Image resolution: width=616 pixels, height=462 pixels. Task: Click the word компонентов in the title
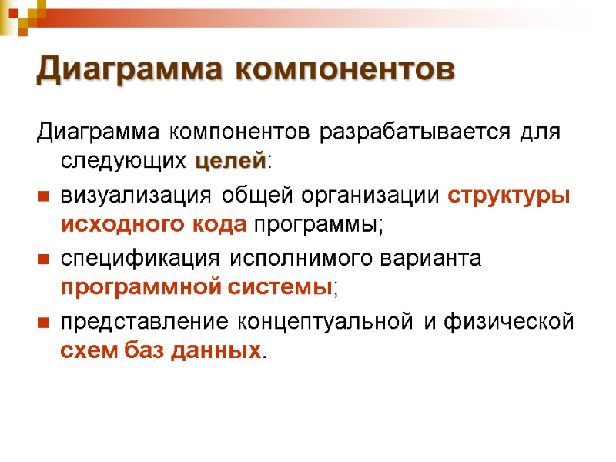(343, 69)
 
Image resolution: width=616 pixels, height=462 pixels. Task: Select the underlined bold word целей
(230, 162)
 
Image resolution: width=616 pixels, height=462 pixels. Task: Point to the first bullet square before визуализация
(43, 198)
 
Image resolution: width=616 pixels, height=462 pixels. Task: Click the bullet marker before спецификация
(43, 260)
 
